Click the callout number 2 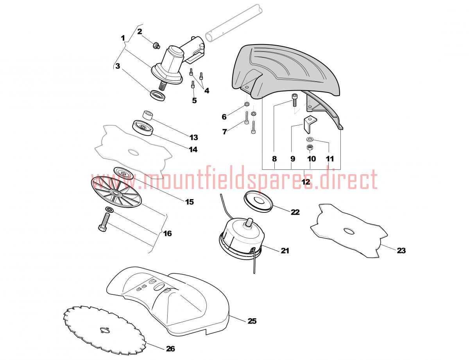tap(140, 32)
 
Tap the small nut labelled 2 tap(156, 45)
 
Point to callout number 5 tap(194, 100)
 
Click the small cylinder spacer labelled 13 tap(148, 115)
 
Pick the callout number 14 tap(193, 149)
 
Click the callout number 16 tap(168, 233)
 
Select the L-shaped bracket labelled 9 tap(309, 125)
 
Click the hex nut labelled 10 tap(310, 148)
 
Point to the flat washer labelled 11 tap(310, 139)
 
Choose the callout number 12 tap(306, 182)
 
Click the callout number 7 tap(225, 132)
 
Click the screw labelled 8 tap(294, 100)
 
